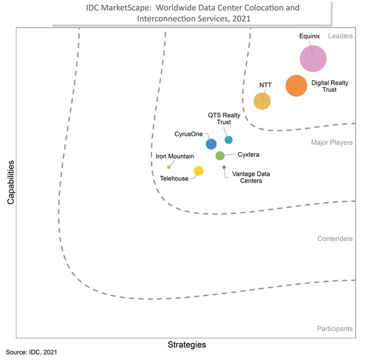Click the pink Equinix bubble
click(x=313, y=58)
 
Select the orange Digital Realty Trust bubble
click(x=296, y=86)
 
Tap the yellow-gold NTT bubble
click(x=262, y=101)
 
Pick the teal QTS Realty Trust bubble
click(x=229, y=140)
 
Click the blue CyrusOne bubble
click(x=211, y=144)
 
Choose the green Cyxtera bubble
click(x=220, y=156)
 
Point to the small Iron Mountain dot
click(x=169, y=167)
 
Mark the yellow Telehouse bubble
click(x=198, y=171)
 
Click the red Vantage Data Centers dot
click(x=224, y=167)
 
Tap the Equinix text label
click(x=310, y=36)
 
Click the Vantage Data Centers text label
click(x=251, y=177)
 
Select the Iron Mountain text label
click(x=175, y=156)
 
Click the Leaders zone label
click(x=340, y=36)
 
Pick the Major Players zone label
click(x=332, y=143)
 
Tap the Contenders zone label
click(x=335, y=239)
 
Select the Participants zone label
click(x=335, y=329)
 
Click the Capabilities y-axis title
click(x=11, y=182)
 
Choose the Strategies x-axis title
click(x=187, y=345)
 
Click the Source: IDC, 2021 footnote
click(x=32, y=353)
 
